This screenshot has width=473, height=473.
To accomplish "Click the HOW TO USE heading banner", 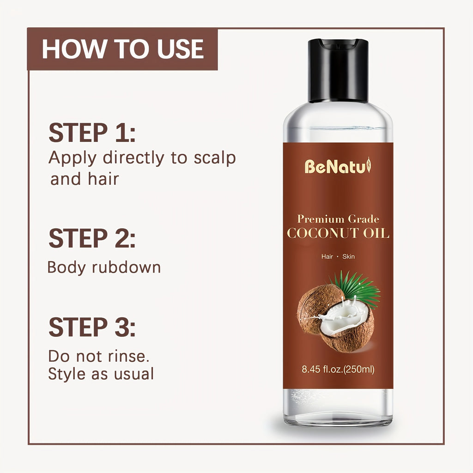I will point(122,49).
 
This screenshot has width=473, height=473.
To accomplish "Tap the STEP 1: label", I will point(92,133).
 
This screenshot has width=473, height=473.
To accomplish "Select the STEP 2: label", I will point(92,239).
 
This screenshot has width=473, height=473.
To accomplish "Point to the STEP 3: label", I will point(92,327).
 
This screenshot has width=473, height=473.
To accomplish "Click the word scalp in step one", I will point(214,158).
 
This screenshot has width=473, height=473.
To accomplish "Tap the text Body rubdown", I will point(104,267).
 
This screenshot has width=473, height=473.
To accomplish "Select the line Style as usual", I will point(101,374).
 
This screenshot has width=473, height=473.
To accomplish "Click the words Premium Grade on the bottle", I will point(338,219).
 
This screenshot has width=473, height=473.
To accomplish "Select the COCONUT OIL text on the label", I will point(338,233).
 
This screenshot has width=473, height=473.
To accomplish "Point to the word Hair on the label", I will point(327,256).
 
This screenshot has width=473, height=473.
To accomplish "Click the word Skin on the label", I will point(349,256).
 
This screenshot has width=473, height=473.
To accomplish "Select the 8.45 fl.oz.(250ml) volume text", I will point(338,369).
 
